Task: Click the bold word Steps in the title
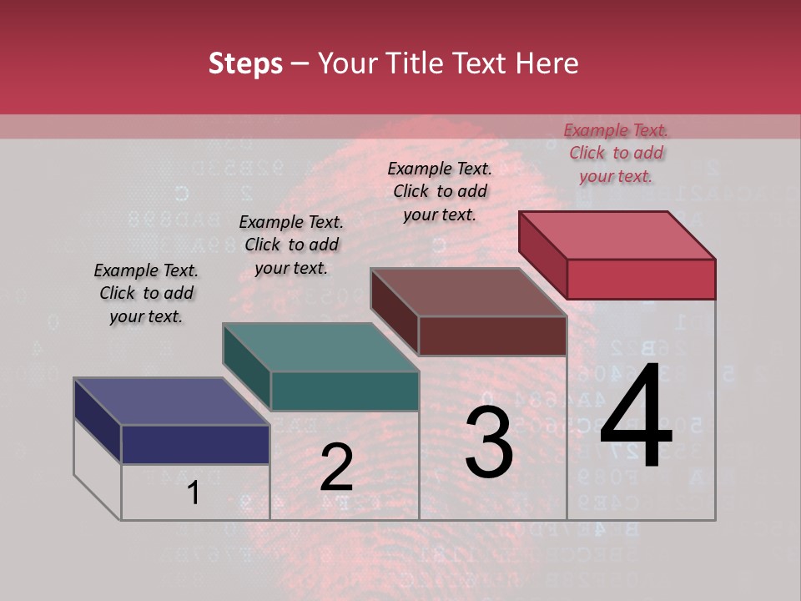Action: coord(245,63)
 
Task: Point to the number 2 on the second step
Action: coord(336,467)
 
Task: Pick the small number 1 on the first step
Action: coord(194,492)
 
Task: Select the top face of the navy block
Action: coord(171,402)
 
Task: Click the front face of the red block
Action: coord(641,279)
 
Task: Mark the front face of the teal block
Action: coord(345,391)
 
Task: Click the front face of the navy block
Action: coord(195,444)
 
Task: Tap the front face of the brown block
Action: coord(492,336)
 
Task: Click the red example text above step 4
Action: coord(616,153)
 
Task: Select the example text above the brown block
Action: coord(440,191)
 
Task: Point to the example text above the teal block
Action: coord(291,245)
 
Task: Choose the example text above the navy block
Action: coord(146,293)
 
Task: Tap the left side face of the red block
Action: coord(542,255)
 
